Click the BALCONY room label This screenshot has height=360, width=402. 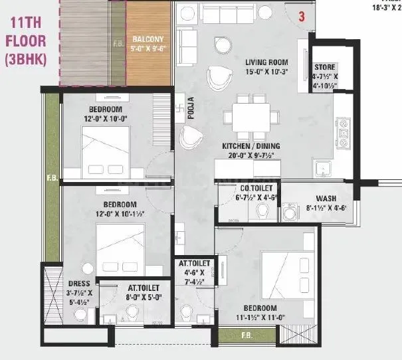144,39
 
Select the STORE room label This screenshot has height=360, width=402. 326,68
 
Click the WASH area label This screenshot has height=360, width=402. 326,199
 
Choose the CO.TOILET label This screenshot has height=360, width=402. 236,188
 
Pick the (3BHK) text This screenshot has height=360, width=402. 25,58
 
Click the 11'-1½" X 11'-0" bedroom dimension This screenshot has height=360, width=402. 259,317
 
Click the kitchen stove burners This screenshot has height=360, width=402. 344,134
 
